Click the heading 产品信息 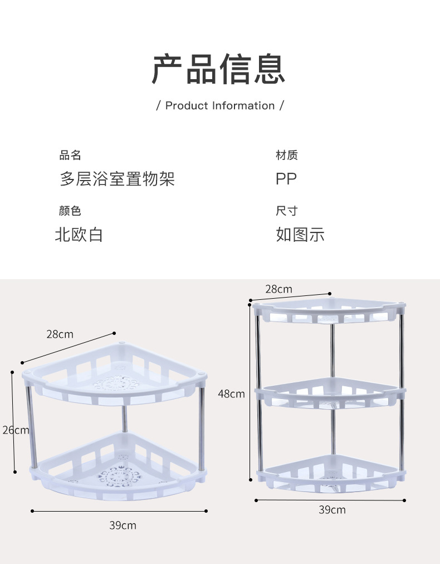(x=219, y=70)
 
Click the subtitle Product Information (x=220, y=106)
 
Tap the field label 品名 (x=70, y=155)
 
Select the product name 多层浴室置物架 (x=117, y=179)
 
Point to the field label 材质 (x=287, y=155)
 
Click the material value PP (x=286, y=179)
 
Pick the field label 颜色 (x=70, y=211)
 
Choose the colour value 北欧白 (x=79, y=235)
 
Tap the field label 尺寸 (x=287, y=211)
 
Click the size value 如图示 (x=300, y=235)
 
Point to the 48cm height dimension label (x=231, y=394)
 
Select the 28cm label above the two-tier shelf (x=60, y=334)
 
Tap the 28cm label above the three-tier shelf (x=278, y=289)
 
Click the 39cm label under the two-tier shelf (x=123, y=525)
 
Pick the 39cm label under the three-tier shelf (x=332, y=510)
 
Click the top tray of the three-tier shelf (x=329, y=312)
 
